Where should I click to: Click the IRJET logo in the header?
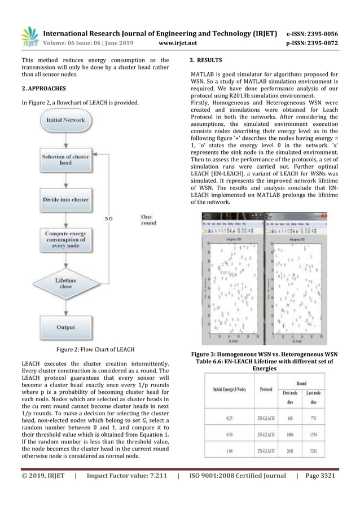29,36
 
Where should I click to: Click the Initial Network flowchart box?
65,120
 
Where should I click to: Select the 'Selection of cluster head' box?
65,160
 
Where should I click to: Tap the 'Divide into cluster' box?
65,200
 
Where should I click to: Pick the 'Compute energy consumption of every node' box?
65,240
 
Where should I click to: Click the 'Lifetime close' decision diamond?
65,284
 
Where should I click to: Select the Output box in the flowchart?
65,327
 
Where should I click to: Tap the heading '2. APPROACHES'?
44,89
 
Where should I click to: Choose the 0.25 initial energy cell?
227,418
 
